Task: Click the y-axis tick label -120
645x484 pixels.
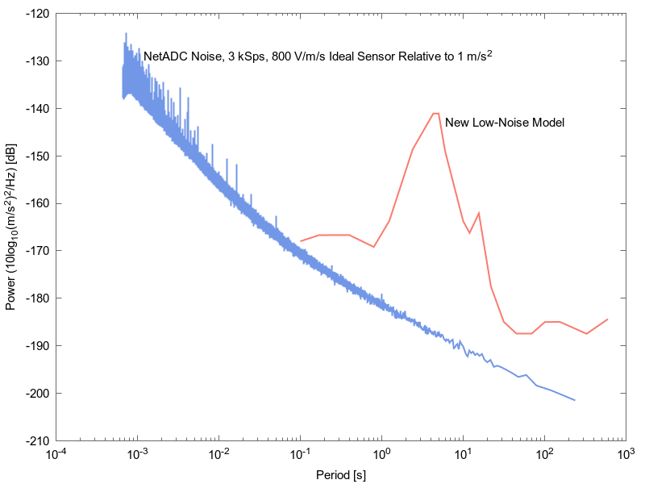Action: (38, 14)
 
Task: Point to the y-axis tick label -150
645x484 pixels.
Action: (38, 156)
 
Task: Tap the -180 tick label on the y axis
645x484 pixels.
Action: (38, 298)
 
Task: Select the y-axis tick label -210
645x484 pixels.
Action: (38, 441)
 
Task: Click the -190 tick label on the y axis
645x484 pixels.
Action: (38, 346)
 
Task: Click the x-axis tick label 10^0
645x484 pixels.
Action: (381, 456)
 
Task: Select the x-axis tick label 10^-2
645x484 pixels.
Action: (218, 456)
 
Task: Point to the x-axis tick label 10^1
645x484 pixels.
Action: (463, 456)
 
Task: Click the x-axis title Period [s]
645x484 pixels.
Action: (340, 474)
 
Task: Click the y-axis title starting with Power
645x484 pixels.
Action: (12, 227)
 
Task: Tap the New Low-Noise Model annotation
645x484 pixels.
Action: (504, 123)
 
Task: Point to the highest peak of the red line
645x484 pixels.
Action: (435, 114)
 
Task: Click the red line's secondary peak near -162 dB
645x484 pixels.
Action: (479, 213)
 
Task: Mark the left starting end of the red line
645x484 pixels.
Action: (301, 241)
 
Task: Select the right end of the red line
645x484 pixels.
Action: (607, 319)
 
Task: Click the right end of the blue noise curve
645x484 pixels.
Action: (575, 400)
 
